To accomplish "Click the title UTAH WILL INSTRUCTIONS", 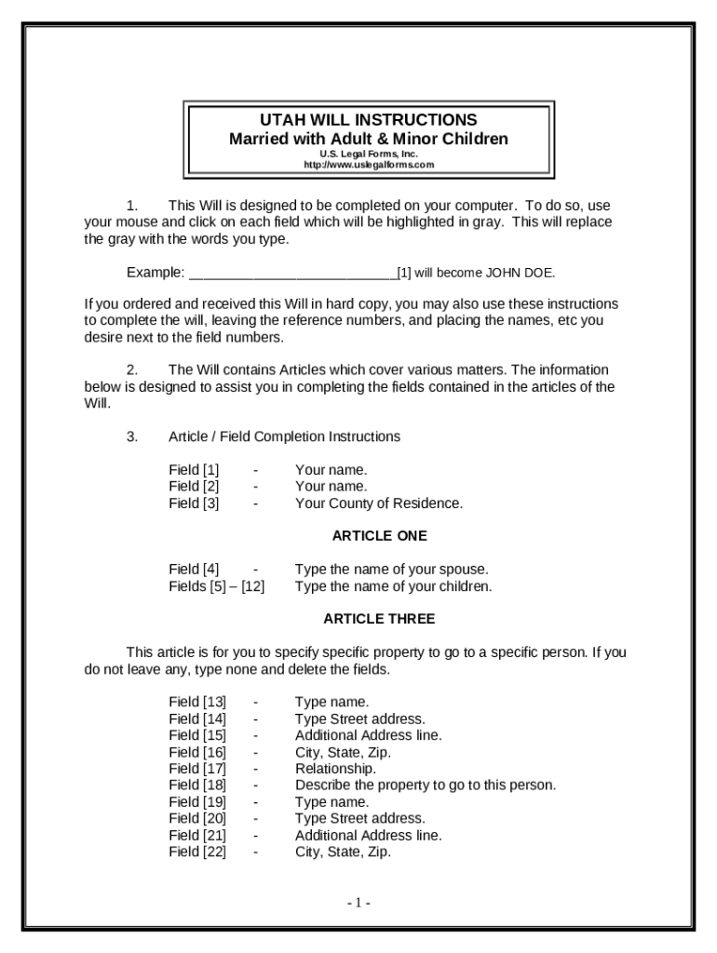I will (369, 120).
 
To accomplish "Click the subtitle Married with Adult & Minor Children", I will (369, 139).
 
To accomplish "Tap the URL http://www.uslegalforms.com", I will (369, 165).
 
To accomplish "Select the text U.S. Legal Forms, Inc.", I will (369, 154).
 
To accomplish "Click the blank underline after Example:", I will (291, 274).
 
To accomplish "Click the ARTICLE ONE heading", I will (379, 536).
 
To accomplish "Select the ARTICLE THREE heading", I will (379, 619).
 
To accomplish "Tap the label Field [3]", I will (194, 503).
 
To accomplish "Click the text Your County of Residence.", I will (378, 503).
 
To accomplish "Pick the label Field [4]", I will (194, 569).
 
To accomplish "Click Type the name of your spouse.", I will (391, 569).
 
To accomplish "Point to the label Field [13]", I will (197, 702).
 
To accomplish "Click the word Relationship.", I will (335, 769).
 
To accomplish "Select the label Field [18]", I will (197, 785).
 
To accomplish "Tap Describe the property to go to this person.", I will (425, 785).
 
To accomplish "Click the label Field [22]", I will (197, 852).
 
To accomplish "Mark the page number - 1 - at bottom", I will (359, 903).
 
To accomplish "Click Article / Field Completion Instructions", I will (284, 436).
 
